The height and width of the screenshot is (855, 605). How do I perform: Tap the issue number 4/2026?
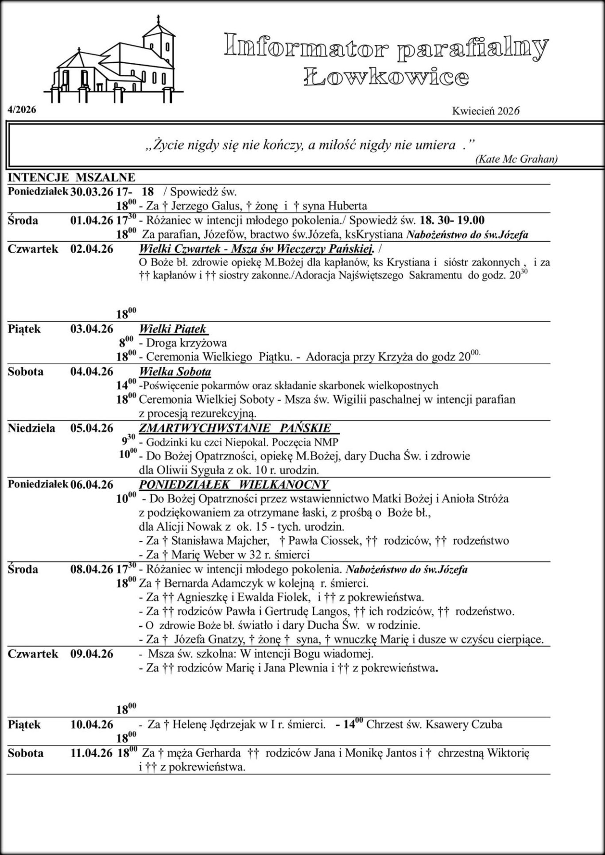coord(22,110)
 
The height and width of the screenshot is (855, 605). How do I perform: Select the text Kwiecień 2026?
coord(485,111)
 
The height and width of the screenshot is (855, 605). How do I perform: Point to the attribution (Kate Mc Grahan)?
coord(516,159)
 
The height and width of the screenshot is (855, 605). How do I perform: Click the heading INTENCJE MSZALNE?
coord(71,177)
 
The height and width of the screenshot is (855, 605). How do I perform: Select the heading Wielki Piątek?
coord(173,329)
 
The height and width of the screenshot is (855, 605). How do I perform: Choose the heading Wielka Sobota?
coord(175,371)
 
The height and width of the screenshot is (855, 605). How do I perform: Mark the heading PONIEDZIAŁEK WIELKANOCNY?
coord(233,485)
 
